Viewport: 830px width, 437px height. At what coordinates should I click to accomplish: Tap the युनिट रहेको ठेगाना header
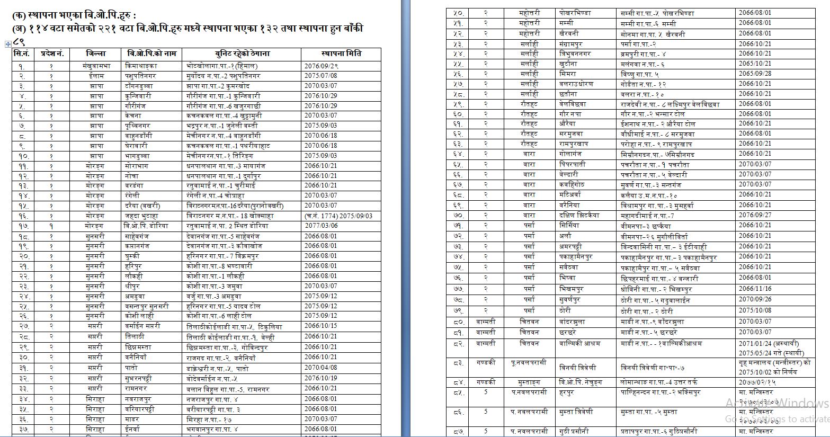[242, 53]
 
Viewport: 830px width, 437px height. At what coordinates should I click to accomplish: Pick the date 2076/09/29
[321, 66]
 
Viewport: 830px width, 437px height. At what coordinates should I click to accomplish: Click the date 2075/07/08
[321, 76]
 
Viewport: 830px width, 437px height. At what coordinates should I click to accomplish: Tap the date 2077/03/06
[321, 226]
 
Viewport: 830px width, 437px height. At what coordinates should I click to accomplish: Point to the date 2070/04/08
[321, 368]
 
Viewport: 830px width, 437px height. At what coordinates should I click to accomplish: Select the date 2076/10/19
[321, 378]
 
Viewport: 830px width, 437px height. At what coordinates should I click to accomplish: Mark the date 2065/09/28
[755, 74]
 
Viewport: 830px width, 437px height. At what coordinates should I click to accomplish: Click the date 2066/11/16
[755, 289]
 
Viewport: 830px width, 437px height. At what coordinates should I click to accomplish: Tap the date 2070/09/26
[755, 299]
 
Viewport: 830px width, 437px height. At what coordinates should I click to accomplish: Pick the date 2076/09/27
[755, 215]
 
